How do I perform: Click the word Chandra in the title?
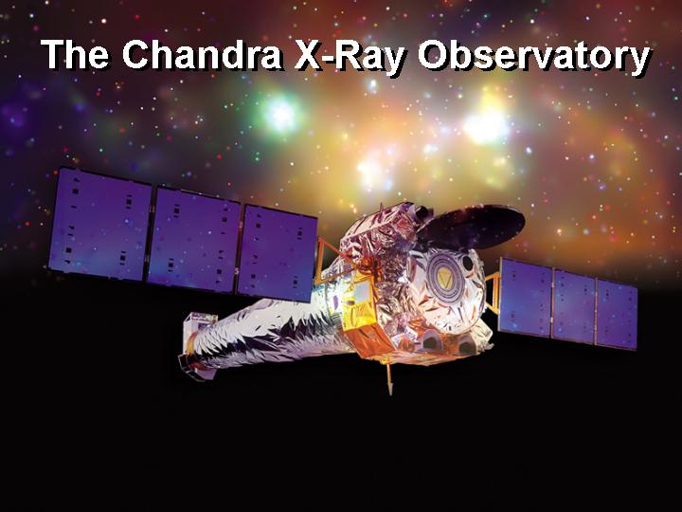click(x=203, y=55)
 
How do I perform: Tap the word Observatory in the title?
click(x=534, y=57)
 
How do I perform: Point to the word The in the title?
click(x=75, y=54)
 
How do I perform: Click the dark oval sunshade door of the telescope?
click(x=471, y=227)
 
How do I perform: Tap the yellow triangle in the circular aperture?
click(x=444, y=277)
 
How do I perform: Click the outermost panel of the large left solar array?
click(x=100, y=225)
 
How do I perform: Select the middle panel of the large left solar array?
click(x=194, y=241)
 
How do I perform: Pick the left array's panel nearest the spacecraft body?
click(x=278, y=253)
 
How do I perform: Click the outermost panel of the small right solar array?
click(x=617, y=315)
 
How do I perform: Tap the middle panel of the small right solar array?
click(x=573, y=305)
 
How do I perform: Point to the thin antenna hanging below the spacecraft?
click(x=389, y=378)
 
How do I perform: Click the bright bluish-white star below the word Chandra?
click(x=280, y=114)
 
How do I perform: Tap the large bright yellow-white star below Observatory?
click(x=485, y=125)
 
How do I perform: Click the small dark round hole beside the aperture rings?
click(x=468, y=263)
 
